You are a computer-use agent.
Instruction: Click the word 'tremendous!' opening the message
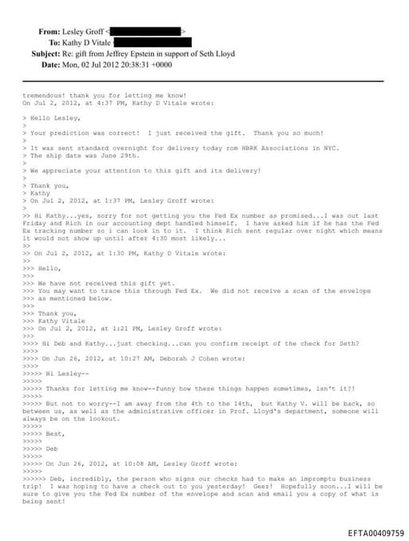[x=45, y=96]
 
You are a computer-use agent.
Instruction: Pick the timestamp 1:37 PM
[x=113, y=200]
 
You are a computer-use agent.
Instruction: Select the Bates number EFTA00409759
[x=376, y=532]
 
